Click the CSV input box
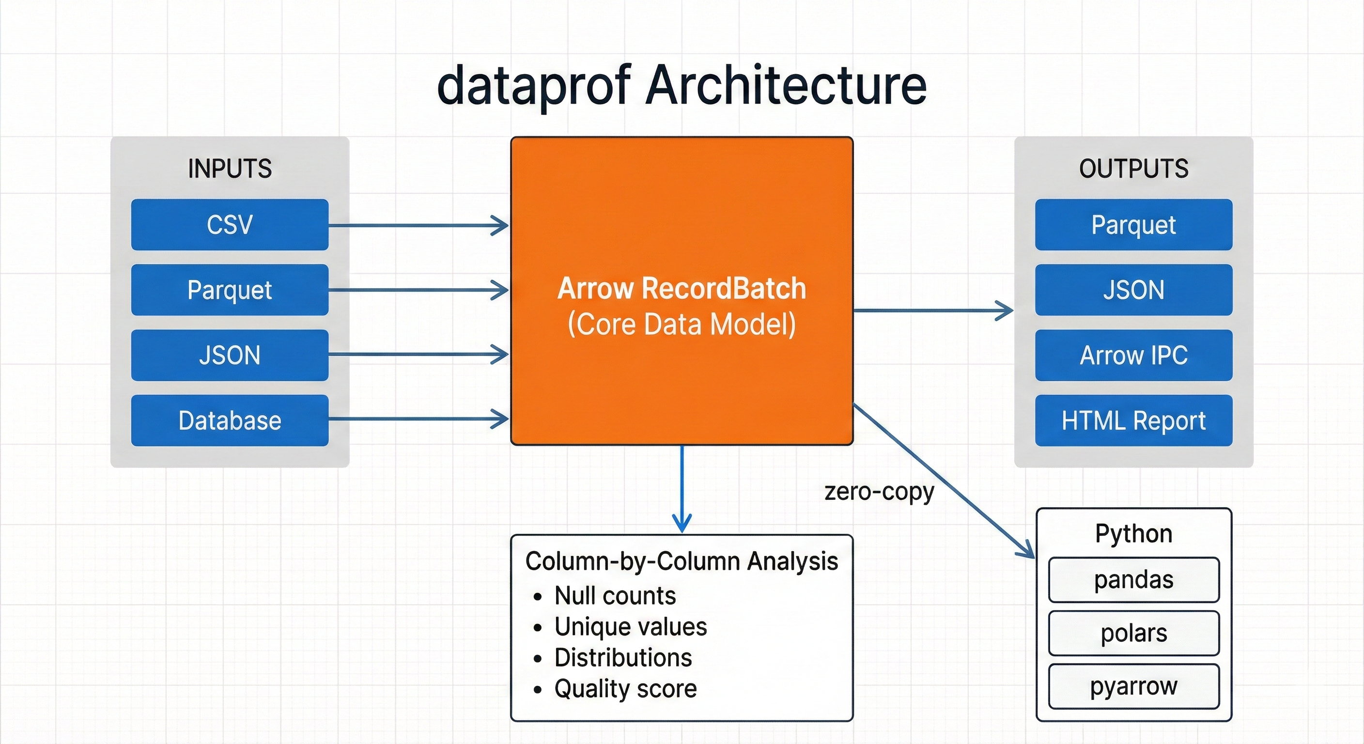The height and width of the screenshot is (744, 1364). (229, 225)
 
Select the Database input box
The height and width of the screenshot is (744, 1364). (229, 420)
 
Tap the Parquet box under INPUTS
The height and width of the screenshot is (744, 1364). (229, 290)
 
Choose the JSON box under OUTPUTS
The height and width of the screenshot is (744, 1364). (1133, 290)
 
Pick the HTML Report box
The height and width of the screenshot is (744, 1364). (1133, 420)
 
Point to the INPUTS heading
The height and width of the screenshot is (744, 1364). (229, 169)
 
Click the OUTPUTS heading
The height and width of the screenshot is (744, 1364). (1133, 169)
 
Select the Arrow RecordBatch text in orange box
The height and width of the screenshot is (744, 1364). (682, 289)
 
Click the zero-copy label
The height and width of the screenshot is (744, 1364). (879, 492)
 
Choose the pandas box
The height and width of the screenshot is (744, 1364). (1133, 580)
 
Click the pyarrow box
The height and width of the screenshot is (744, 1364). (1133, 686)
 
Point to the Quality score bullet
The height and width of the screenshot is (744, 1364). (625, 689)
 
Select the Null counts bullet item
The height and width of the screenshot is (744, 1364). (615, 596)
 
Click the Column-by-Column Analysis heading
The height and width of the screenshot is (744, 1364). (682, 561)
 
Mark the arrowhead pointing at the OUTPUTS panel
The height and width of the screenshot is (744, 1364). (1005, 310)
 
